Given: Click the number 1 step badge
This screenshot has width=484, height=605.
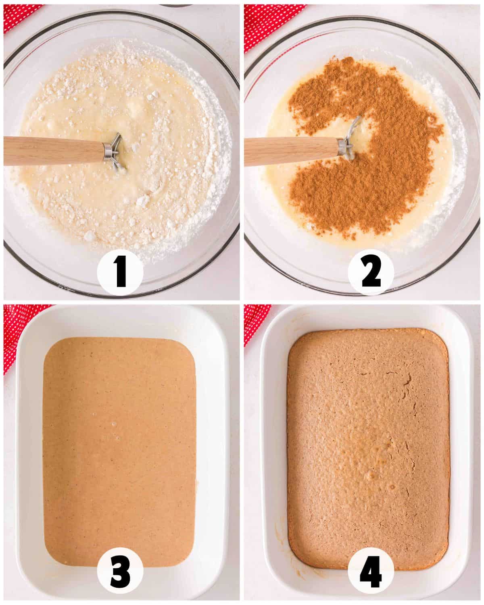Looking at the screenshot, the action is [120, 272].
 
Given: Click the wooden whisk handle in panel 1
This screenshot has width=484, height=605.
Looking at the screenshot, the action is [53, 151].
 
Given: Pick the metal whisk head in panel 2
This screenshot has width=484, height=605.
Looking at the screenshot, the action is [350, 139].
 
